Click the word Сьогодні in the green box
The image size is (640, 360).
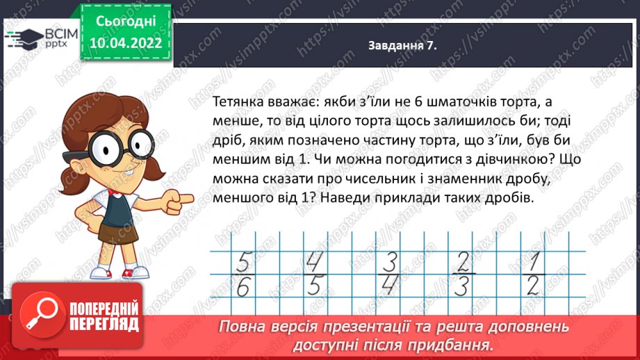(125, 22)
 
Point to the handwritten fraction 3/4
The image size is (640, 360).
(390, 272)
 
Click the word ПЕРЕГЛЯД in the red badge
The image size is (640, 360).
(106, 325)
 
